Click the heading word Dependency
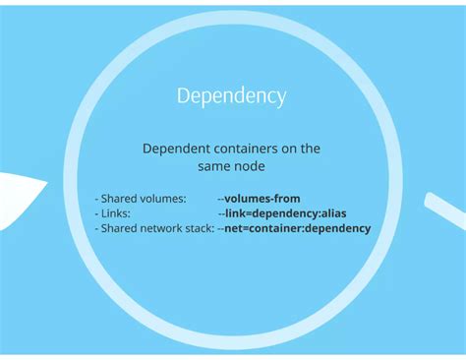click(232, 96)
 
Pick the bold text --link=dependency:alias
click(282, 213)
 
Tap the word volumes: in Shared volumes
click(162, 199)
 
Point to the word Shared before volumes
click(118, 199)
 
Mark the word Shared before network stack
click(118, 228)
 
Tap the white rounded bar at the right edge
click(444, 209)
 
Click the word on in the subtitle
click(290, 149)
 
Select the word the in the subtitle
click(311, 149)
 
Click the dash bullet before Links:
click(96, 213)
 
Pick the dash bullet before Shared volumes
click(96, 199)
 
